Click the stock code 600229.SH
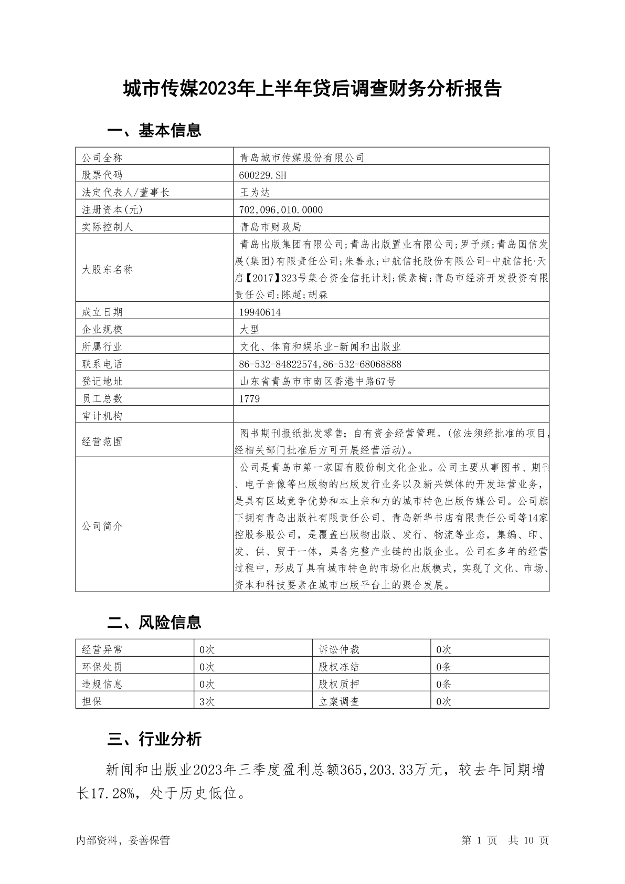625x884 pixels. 263,175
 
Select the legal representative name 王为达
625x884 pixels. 255,192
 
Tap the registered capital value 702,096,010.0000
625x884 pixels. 281,209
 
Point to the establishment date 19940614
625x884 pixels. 260,312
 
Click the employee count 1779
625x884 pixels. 249,398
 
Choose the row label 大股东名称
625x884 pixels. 108,269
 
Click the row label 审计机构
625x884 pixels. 102,416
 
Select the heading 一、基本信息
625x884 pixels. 154,130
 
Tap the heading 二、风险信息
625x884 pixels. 154,623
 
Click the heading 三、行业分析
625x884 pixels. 154,739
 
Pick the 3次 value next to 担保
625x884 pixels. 207,701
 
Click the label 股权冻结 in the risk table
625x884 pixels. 339,667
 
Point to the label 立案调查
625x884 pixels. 339,701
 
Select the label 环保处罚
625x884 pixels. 102,667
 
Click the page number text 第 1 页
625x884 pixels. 479,840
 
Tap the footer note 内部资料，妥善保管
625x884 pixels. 123,840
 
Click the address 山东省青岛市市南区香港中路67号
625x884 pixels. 317,381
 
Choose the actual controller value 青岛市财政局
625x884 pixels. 270,227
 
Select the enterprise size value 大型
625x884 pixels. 249,329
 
